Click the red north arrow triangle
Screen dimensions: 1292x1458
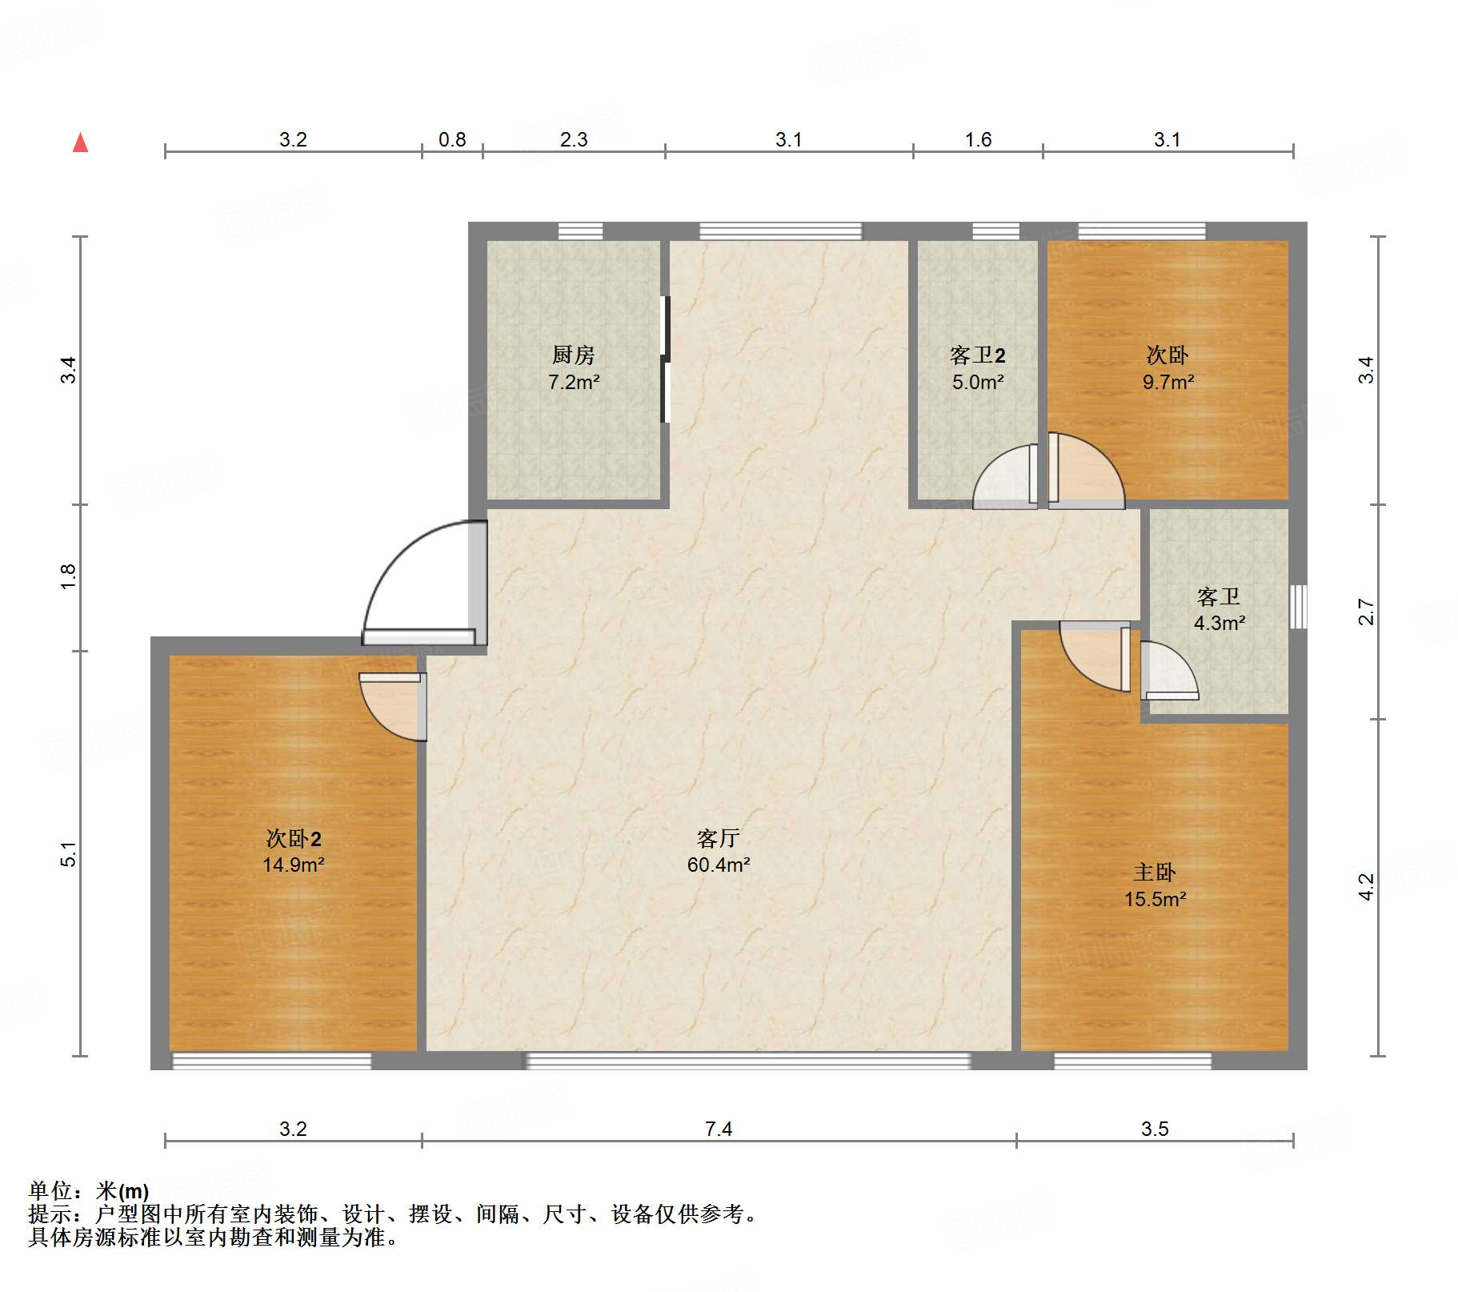click(x=80, y=143)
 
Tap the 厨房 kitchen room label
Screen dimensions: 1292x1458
click(x=573, y=355)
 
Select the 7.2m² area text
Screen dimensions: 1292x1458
click(x=573, y=383)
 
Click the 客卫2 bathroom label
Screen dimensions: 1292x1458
click(x=977, y=355)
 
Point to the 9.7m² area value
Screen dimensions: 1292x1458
click(x=1168, y=383)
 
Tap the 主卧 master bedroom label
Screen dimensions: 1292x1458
click(x=1154, y=872)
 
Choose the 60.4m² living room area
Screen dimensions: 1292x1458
click(x=718, y=865)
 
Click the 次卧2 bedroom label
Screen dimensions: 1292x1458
click(x=293, y=838)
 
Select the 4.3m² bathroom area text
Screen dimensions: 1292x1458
click(x=1219, y=623)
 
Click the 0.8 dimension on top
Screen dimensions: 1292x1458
click(x=452, y=140)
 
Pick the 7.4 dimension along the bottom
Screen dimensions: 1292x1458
click(x=718, y=1129)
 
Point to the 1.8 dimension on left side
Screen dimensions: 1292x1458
click(x=68, y=576)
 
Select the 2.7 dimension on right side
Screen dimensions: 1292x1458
click(x=1367, y=612)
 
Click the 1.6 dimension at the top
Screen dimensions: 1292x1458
click(x=977, y=140)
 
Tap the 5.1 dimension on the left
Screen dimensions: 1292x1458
click(x=68, y=853)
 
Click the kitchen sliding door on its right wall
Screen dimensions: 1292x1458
click(x=664, y=359)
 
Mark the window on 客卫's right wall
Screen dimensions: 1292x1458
click(x=1298, y=606)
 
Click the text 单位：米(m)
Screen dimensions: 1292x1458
click(x=88, y=1191)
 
